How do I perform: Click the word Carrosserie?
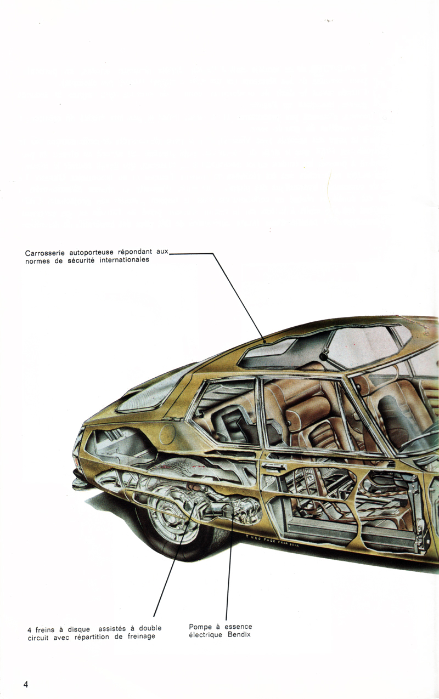pyautogui.click(x=44, y=253)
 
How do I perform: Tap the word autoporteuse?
pyautogui.click(x=91, y=252)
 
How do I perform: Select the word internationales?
pyautogui.click(x=125, y=260)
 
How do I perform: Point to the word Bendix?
pyautogui.click(x=239, y=634)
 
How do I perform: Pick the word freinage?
pyautogui.click(x=141, y=637)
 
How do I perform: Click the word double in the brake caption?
pyautogui.click(x=150, y=628)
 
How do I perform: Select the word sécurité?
pyautogui.click(x=81, y=260)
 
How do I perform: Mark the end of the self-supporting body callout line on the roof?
pyautogui.click(x=264, y=342)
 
